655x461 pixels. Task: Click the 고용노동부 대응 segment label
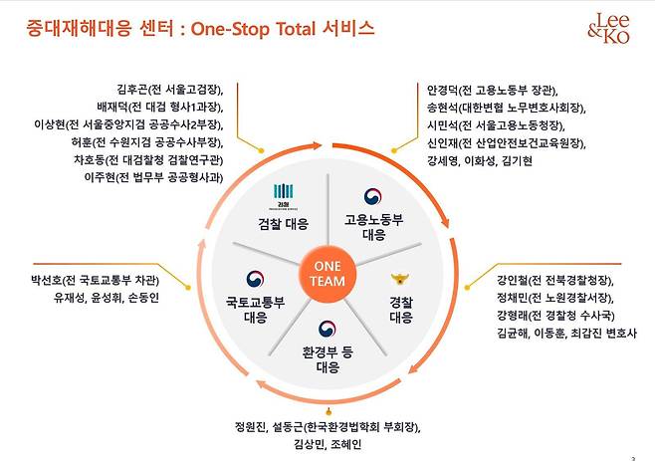pyautogui.click(x=372, y=227)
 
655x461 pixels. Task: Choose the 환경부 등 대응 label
pyautogui.click(x=327, y=359)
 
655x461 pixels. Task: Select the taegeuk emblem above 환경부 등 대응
pyautogui.click(x=327, y=330)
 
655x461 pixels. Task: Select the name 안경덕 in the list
pyautogui.click(x=443, y=88)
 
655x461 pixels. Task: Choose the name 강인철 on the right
pyautogui.click(x=500, y=280)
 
